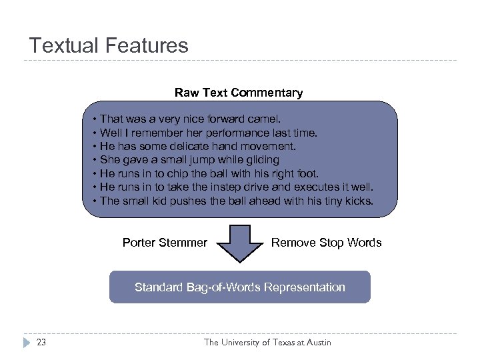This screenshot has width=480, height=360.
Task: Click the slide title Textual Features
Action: pos(109,45)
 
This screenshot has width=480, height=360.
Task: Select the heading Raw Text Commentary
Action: pos(239,93)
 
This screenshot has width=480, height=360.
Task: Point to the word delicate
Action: pos(192,146)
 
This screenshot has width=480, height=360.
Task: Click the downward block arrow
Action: pos(240,243)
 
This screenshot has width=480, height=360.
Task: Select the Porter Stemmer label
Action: pos(165,243)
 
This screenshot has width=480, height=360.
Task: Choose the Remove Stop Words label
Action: pos(326,243)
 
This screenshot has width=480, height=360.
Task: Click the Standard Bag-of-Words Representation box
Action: pos(239,287)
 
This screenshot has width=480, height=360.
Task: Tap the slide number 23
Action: pos(42,343)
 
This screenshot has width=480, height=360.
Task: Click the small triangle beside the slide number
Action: pos(26,343)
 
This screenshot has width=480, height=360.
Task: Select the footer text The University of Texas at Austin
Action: pos(267,343)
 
